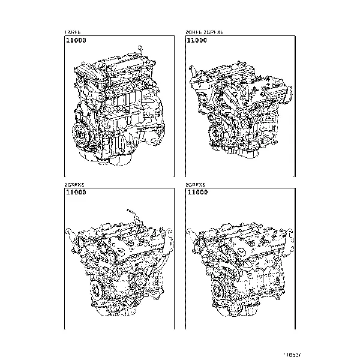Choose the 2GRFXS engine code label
pos(196,184)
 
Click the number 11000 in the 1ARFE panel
pos(76,40)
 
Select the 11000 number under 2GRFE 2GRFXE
pos(197,40)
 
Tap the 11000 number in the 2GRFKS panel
pos(76,193)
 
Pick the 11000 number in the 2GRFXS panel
pos(197,193)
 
